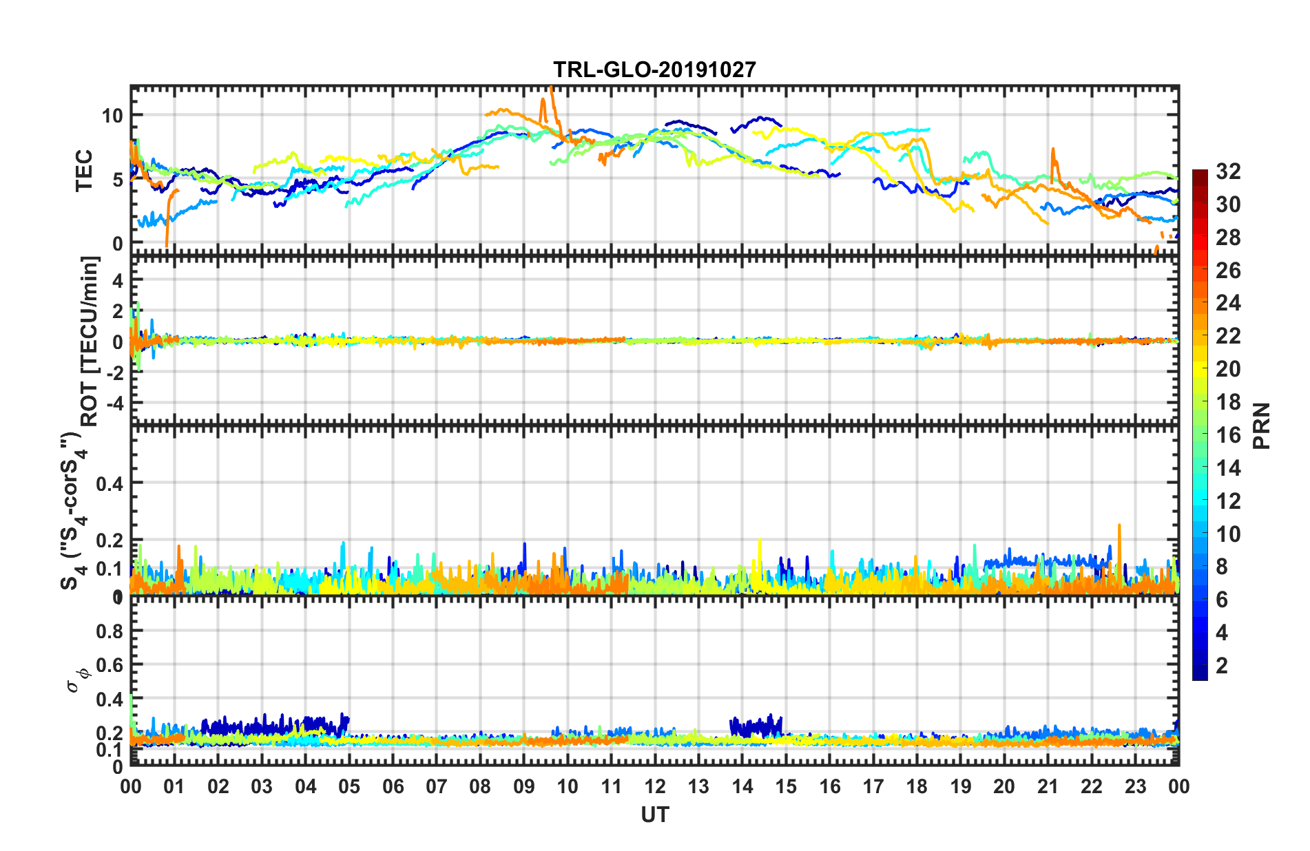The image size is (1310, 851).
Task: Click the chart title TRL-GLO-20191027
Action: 654,70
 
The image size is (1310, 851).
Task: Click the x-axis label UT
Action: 654,815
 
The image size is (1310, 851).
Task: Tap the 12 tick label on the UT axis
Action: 654,786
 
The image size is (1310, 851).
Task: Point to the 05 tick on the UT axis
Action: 349,786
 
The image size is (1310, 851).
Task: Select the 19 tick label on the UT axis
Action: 960,786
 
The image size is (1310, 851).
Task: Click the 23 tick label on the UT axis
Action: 1135,786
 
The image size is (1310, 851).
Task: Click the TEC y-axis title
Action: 84,171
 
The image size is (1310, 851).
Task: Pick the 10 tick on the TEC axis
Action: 112,115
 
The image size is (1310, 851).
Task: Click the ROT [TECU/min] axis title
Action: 90,342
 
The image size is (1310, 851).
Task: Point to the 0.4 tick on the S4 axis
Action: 110,483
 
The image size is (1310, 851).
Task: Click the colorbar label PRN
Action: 1261,425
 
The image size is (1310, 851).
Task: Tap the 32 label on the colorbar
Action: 1228,171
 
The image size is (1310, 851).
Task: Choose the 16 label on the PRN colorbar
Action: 1228,435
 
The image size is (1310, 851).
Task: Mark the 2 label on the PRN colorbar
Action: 1223,666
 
